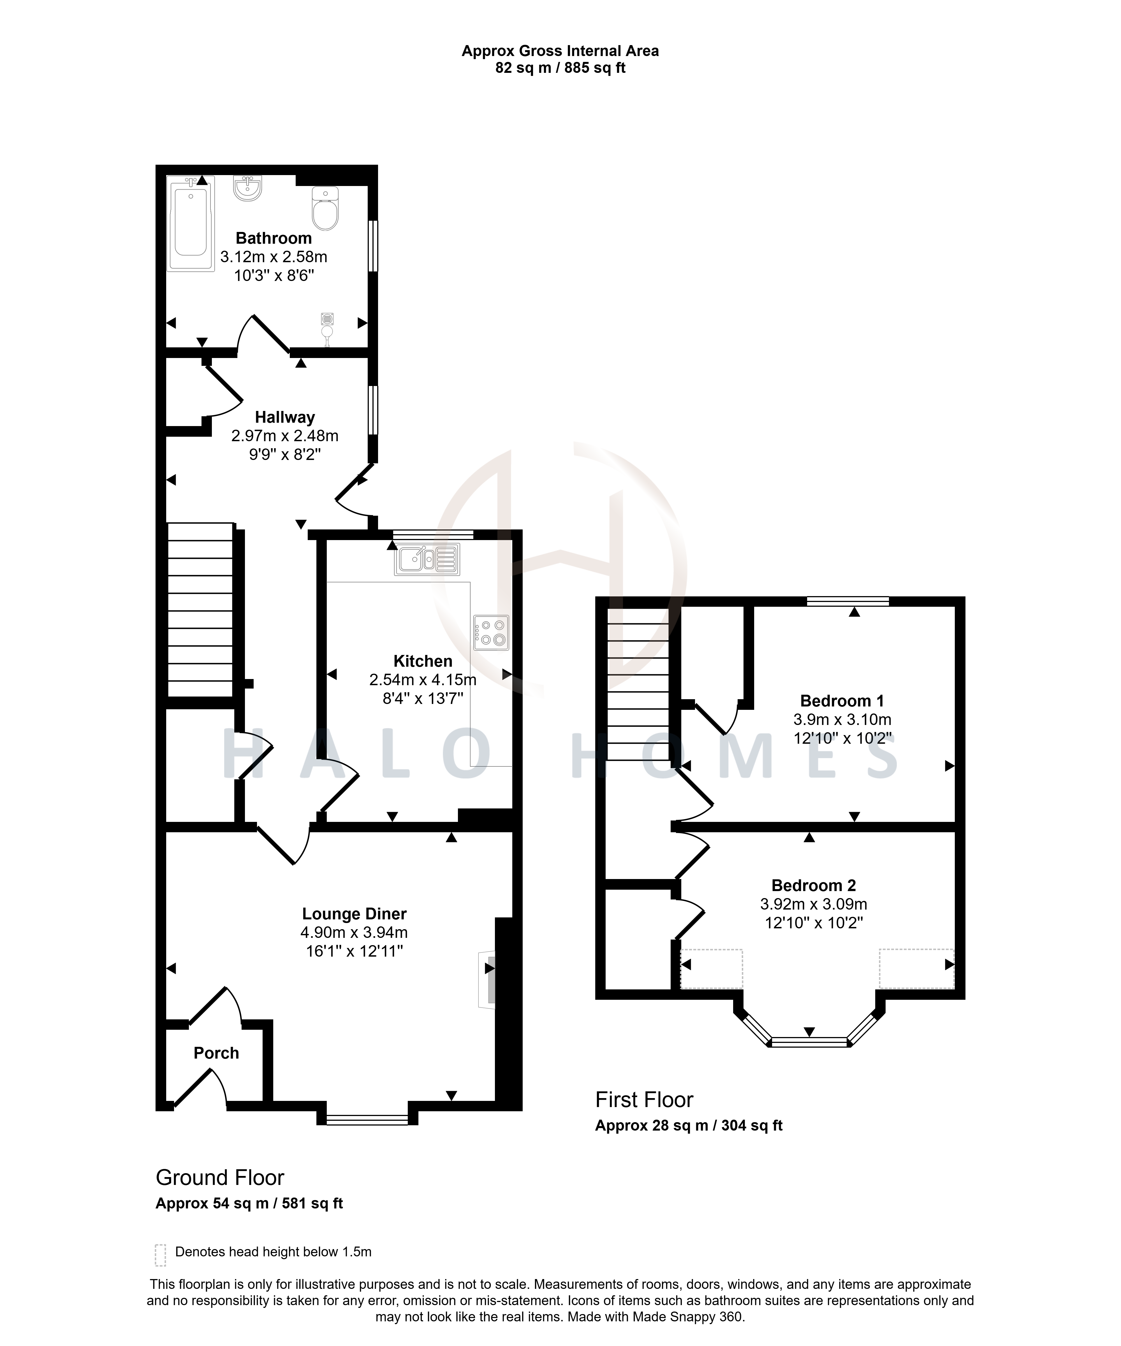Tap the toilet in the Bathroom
pos(325,208)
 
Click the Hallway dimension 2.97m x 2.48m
pos(285,436)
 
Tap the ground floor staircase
pos(200,610)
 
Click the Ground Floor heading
pos(220,1177)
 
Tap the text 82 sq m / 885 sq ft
pos(560,68)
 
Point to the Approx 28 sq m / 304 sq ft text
pos(689,1126)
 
